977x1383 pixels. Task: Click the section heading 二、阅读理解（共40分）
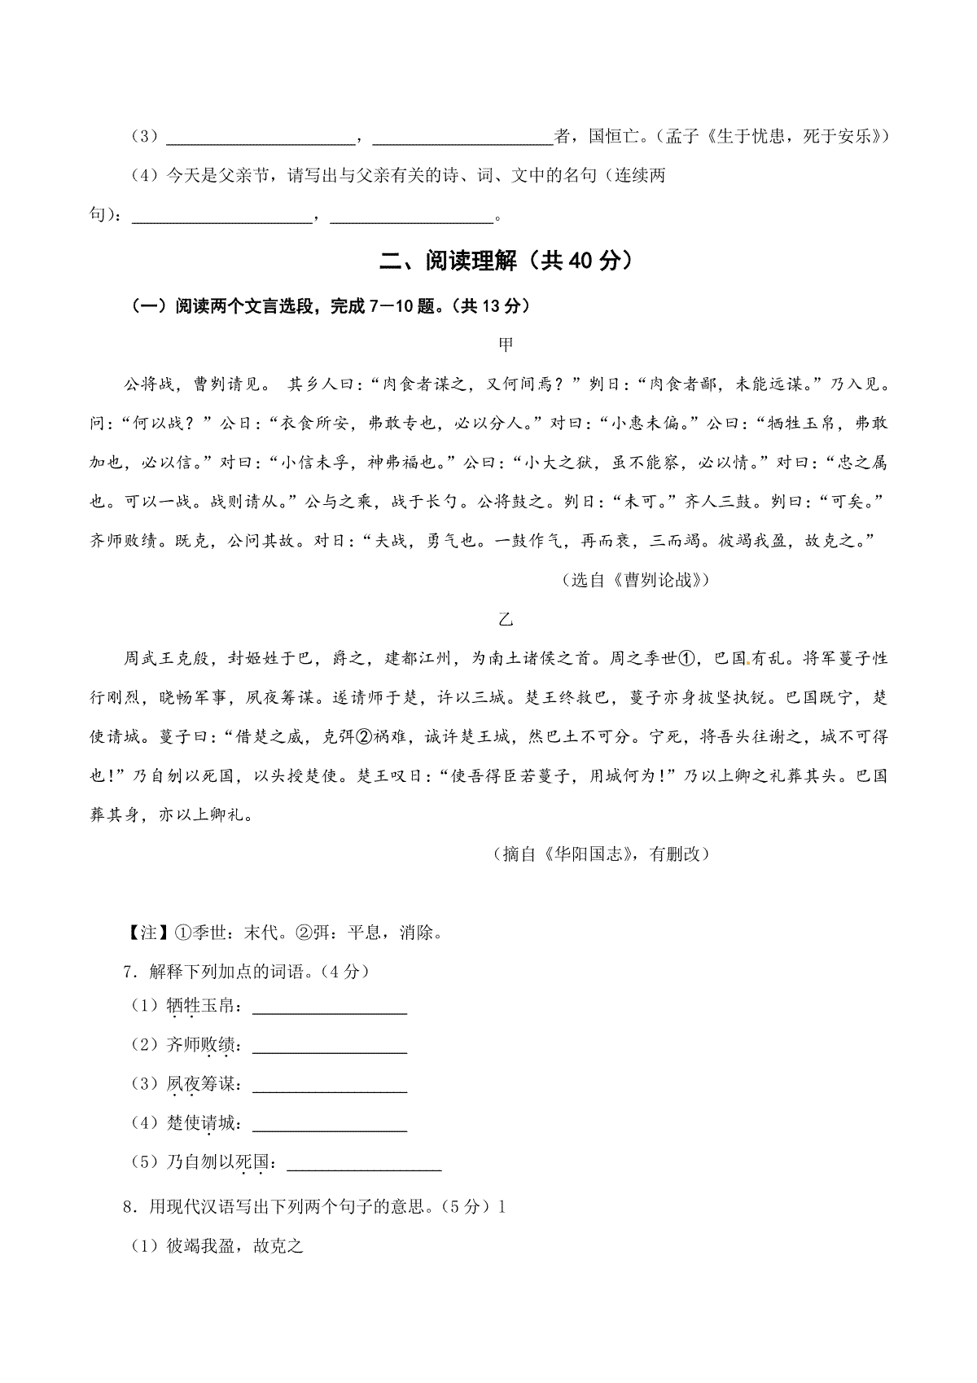coord(506,261)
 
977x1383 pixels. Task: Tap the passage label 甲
coord(506,345)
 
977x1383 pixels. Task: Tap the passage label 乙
coord(506,619)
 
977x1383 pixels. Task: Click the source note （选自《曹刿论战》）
coord(635,580)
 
